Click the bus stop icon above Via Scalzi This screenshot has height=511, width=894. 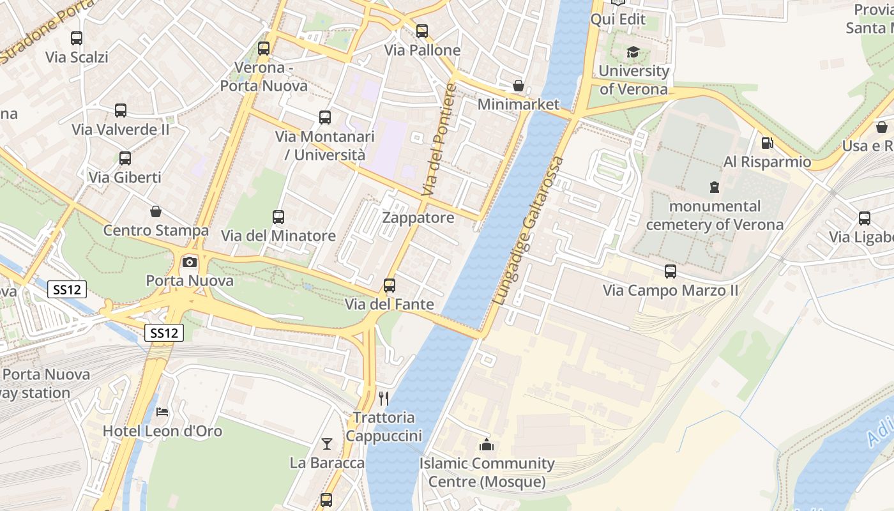tap(77, 38)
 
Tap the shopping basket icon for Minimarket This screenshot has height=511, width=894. tap(519, 86)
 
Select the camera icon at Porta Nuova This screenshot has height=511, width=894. tap(190, 262)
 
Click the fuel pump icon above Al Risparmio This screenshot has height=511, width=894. tap(767, 143)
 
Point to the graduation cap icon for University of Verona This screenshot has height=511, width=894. tap(633, 52)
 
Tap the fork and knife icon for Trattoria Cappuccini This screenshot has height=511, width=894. tap(384, 399)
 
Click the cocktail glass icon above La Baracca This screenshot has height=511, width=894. tap(327, 443)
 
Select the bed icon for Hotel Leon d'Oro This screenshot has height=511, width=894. tap(162, 412)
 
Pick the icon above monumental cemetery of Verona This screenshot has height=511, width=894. tap(714, 187)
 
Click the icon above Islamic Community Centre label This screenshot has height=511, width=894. tap(487, 445)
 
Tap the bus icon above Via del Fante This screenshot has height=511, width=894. tap(390, 285)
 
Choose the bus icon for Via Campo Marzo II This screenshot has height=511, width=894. tap(670, 271)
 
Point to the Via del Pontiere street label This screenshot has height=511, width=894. tap(440, 140)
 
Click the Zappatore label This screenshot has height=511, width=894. tap(418, 218)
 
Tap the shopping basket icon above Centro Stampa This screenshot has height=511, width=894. tap(155, 211)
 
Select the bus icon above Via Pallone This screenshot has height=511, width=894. tap(421, 31)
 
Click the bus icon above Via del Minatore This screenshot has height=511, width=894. tap(278, 217)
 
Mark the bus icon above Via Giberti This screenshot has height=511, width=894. tap(125, 158)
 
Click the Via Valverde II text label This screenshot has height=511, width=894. tap(121, 130)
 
